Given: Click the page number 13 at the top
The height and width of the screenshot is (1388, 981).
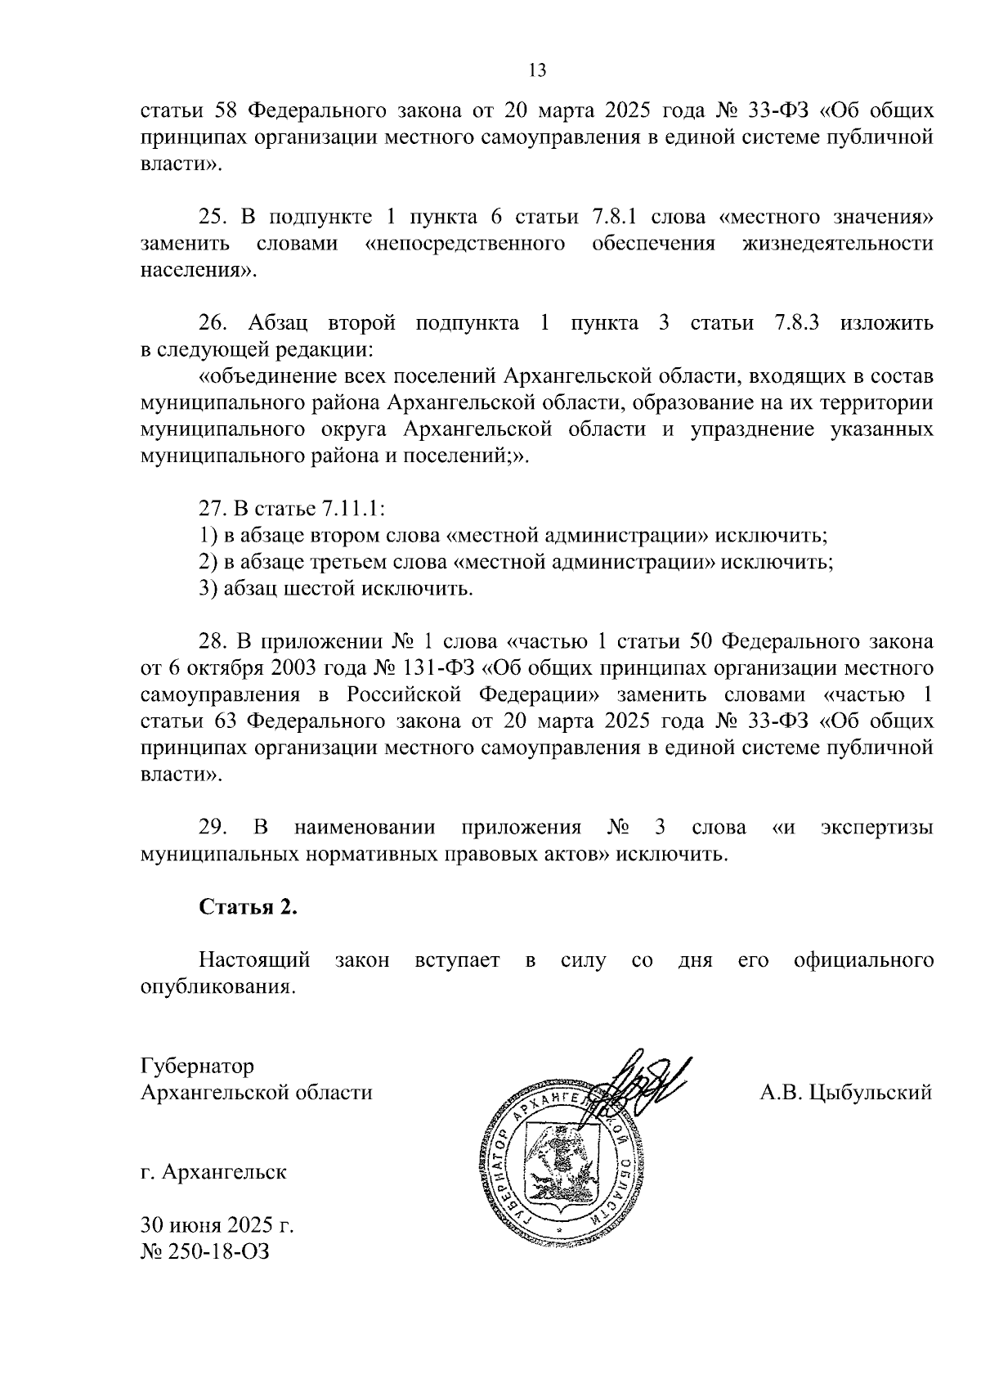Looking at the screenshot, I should coord(537,70).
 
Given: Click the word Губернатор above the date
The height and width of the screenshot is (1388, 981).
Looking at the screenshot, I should coord(197,1067).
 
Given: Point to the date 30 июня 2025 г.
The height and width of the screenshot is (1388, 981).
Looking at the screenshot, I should coord(217,1225).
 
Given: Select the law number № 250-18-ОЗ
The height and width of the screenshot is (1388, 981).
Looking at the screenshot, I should coord(204,1251).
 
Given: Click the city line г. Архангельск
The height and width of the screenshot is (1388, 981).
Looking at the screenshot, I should coord(213,1172).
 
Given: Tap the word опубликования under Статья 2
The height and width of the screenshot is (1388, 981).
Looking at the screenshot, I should coord(217,986).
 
